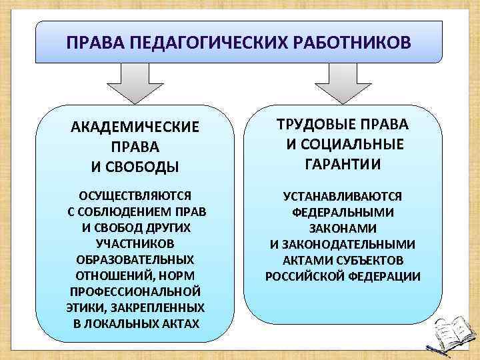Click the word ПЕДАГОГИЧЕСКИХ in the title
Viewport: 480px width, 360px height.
pyautogui.click(x=195, y=43)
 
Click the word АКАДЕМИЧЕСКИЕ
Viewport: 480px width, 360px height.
pyautogui.click(x=135, y=127)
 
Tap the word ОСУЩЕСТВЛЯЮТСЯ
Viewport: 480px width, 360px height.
pyautogui.click(x=135, y=196)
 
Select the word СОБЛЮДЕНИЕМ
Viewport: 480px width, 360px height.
pyautogui.click(x=130, y=212)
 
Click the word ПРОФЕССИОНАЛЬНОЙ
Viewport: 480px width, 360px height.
pyautogui.click(x=136, y=292)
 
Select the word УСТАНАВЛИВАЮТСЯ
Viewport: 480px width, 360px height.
pyautogui.click(x=342, y=196)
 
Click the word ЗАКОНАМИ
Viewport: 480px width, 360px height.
pyautogui.click(x=342, y=228)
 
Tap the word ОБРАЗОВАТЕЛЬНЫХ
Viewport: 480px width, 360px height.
pyautogui.click(x=136, y=260)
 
